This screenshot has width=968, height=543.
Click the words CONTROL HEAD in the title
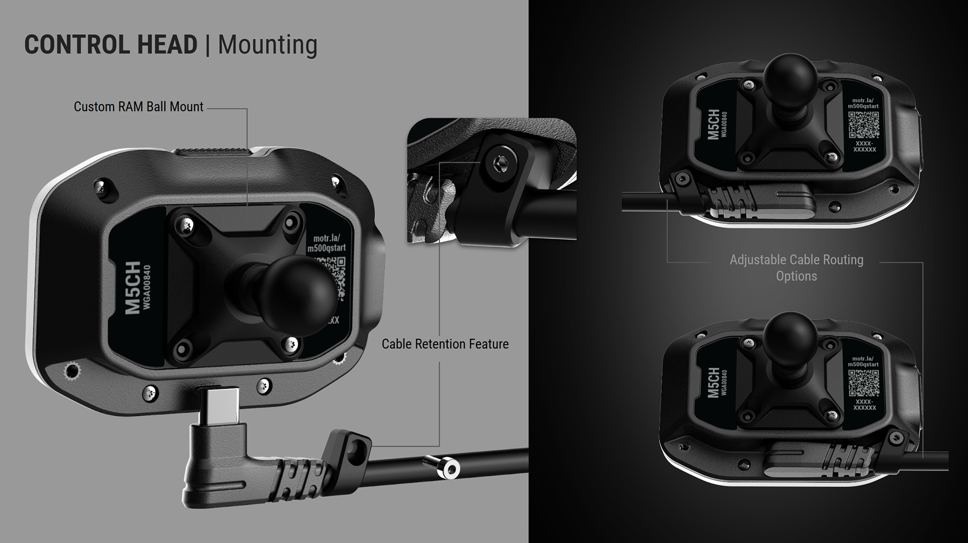[x=111, y=44]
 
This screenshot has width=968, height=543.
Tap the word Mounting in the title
[x=267, y=44]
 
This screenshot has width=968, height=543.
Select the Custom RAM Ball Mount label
[x=139, y=107]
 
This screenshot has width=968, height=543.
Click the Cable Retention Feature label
[x=445, y=344]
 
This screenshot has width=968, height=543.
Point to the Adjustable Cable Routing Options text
[x=796, y=268]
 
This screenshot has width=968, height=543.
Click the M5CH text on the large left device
[x=133, y=287]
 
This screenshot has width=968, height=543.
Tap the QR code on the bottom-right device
[x=864, y=383]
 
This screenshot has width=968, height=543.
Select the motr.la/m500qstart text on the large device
[x=327, y=243]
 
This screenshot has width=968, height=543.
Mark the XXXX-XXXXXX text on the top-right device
[x=864, y=147]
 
